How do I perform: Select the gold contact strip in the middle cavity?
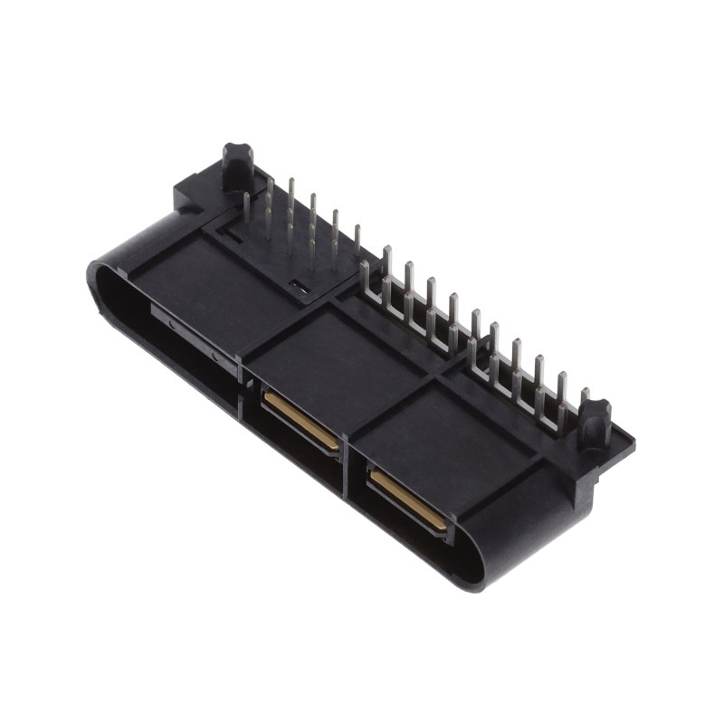301,421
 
